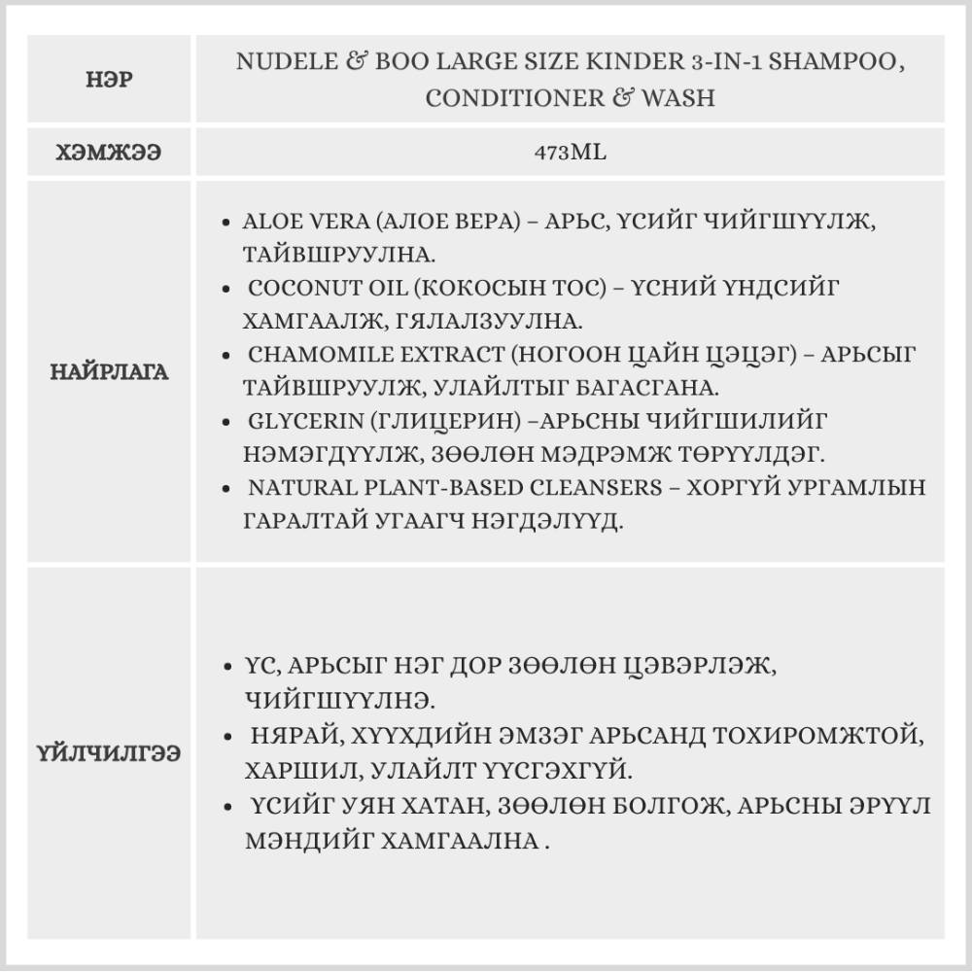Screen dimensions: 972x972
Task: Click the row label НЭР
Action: click(x=108, y=80)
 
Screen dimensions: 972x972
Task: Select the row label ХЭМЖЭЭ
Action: click(x=108, y=152)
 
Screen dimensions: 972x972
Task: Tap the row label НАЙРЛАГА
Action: click(x=109, y=371)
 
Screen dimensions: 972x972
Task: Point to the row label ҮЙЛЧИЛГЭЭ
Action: click(x=109, y=753)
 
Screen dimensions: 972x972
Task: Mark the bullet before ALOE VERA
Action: click(x=226, y=222)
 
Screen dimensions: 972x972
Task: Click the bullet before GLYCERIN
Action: click(x=226, y=421)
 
